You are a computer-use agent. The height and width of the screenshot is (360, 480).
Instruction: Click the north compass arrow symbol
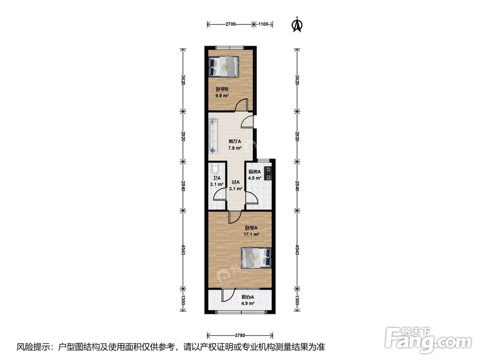click(x=298, y=24)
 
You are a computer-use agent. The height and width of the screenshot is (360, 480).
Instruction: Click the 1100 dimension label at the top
click(x=263, y=24)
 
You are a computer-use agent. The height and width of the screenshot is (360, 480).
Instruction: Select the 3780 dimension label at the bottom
click(x=240, y=335)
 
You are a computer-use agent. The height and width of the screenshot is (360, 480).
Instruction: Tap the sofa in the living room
click(x=213, y=136)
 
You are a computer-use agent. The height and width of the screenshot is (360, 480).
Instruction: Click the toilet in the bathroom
click(x=215, y=168)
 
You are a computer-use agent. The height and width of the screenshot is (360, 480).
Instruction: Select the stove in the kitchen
click(x=268, y=172)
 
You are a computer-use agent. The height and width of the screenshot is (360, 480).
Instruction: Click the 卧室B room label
click(x=222, y=89)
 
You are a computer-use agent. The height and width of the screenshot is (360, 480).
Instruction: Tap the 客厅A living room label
click(x=235, y=142)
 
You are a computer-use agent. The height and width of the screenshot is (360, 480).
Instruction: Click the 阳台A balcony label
click(x=248, y=297)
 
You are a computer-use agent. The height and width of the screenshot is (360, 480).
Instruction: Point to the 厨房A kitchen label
click(x=254, y=172)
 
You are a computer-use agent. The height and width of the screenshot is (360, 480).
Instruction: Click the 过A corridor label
click(x=235, y=182)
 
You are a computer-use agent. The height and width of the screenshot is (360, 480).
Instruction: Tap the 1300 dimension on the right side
click(x=297, y=301)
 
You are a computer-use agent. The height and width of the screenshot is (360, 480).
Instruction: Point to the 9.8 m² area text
click(x=222, y=96)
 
